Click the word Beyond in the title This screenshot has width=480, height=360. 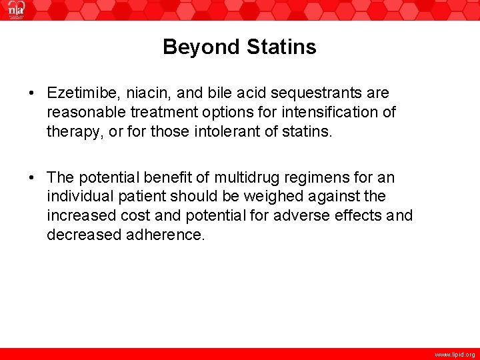(x=202, y=47)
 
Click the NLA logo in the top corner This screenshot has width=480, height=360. (x=16, y=10)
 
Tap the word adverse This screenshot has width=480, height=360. (x=319, y=216)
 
